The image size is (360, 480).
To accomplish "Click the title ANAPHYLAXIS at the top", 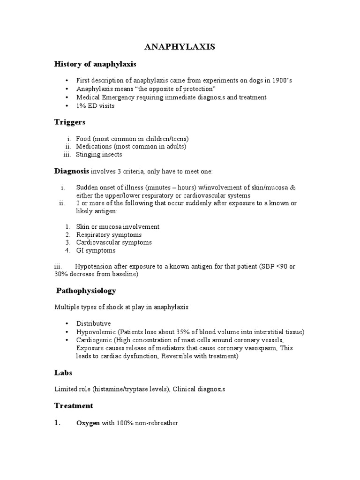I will [x=180, y=47].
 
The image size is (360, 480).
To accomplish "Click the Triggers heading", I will [x=70, y=122].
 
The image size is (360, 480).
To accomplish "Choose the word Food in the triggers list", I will [x=84, y=139].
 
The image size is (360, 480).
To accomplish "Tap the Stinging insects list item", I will [x=99, y=155].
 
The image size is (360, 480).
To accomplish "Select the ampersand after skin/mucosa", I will [x=293, y=187].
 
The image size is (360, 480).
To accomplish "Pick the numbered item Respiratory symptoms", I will [x=109, y=235].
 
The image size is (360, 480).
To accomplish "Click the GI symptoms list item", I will [x=96, y=251].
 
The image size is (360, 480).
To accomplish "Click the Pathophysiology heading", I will [x=86, y=291].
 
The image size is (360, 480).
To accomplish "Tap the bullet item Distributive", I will [x=94, y=323].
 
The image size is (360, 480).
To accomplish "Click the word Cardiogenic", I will [x=95, y=340].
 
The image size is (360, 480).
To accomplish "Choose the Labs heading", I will [x=63, y=373].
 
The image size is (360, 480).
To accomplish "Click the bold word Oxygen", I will [x=88, y=423].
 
